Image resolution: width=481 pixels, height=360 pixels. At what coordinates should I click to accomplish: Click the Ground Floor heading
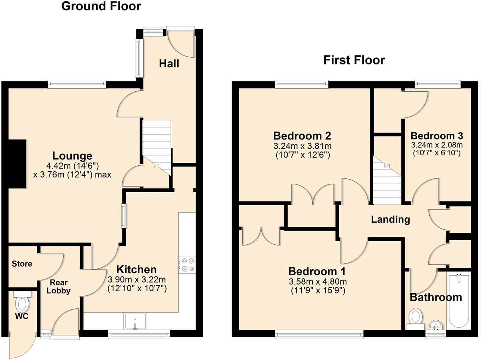pyautogui.click(x=101, y=6)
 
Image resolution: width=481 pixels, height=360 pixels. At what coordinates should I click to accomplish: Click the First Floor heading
pyautogui.click(x=354, y=60)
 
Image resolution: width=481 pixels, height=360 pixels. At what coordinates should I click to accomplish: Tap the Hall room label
pyautogui.click(x=169, y=64)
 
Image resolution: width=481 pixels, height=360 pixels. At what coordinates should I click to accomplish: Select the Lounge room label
pyautogui.click(x=72, y=156)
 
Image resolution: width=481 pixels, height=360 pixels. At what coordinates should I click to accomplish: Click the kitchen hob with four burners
pyautogui.click(x=187, y=264)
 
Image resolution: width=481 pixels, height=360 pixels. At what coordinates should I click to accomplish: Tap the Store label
pyautogui.click(x=22, y=264)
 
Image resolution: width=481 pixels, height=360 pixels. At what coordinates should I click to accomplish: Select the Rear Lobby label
pyautogui.click(x=58, y=287)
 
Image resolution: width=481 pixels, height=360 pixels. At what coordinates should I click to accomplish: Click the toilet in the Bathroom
pyautogui.click(x=415, y=317)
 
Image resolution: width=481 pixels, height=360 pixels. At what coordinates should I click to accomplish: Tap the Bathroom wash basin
pyautogui.click(x=435, y=325)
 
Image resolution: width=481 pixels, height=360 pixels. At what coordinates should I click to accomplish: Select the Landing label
pyautogui.click(x=390, y=219)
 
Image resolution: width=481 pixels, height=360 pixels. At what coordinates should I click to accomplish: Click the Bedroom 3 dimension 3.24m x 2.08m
pyautogui.click(x=437, y=145)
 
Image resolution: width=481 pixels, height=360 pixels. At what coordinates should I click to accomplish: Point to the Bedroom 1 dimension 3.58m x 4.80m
pyautogui.click(x=318, y=282)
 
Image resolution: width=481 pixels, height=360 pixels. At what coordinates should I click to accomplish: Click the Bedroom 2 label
pyautogui.click(x=302, y=136)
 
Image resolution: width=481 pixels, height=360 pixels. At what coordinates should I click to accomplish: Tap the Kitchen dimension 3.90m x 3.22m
pyautogui.click(x=137, y=279)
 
